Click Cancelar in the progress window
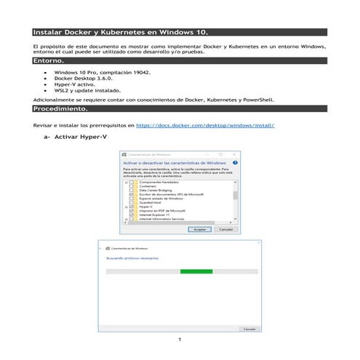pos(249,329)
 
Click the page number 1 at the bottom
pos(179,340)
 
